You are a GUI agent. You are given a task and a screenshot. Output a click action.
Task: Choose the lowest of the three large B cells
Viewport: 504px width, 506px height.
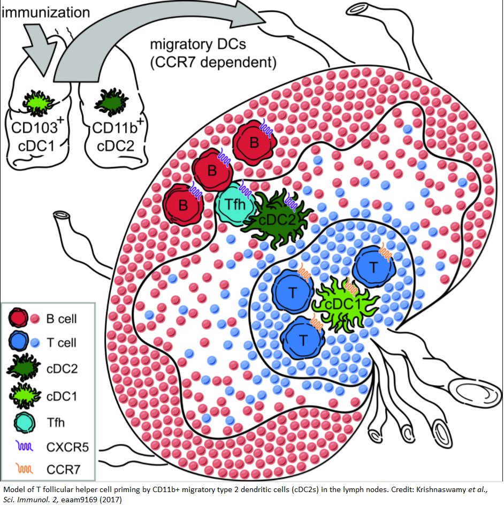coord(183,204)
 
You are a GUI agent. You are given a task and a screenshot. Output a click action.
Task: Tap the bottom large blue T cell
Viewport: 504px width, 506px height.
coord(303,338)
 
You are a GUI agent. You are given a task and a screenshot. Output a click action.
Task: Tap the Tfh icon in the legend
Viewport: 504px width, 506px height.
coord(21,422)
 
